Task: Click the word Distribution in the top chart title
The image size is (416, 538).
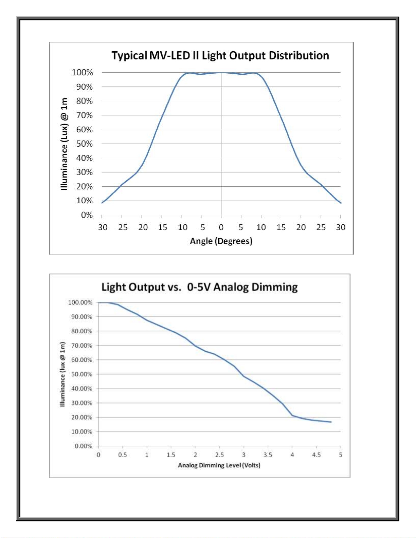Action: [x=299, y=55]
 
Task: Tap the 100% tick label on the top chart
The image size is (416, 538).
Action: [x=82, y=73]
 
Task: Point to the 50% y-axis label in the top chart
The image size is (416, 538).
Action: [x=84, y=144]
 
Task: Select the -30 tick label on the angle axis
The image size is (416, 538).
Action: [x=101, y=227]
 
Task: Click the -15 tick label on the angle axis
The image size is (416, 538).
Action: [x=161, y=227]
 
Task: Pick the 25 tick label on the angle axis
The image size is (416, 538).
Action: [x=321, y=227]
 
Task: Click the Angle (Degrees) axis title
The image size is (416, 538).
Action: [x=221, y=241]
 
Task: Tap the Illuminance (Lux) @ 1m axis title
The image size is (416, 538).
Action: [x=64, y=144]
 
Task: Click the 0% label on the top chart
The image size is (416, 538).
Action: [x=87, y=215]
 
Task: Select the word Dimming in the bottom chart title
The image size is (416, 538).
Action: [x=275, y=287]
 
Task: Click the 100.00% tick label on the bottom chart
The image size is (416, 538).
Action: [x=80, y=302]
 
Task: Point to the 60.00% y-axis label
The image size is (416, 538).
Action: [x=82, y=360]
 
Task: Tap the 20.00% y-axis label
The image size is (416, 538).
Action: [x=82, y=418]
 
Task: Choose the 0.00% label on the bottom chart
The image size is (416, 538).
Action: [x=84, y=446]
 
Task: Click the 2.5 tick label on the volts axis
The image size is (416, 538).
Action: [x=219, y=455]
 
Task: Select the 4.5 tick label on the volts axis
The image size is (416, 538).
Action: [x=316, y=455]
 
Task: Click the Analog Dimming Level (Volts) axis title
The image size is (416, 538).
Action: [x=219, y=465]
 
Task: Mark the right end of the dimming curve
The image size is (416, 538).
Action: [x=331, y=422]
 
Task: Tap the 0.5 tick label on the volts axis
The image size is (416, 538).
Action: [x=122, y=455]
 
